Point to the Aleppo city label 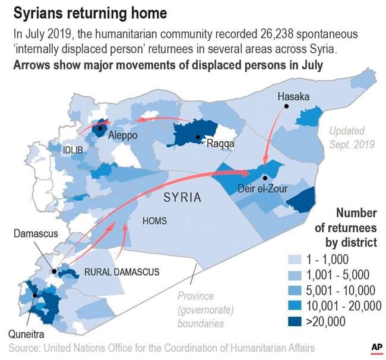(123, 135)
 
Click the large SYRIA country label (182, 197)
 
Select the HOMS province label (154, 221)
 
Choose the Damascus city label (36, 233)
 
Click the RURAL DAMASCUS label (122, 272)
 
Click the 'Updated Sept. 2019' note (352, 137)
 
